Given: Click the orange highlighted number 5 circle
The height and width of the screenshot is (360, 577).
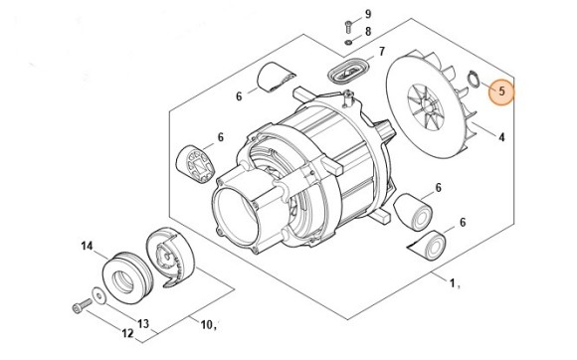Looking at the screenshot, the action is click(x=501, y=91).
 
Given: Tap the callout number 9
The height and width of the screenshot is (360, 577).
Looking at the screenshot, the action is click(x=368, y=14).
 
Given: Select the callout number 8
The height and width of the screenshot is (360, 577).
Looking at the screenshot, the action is click(x=368, y=32).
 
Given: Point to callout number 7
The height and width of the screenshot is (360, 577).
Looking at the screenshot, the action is click(x=382, y=51).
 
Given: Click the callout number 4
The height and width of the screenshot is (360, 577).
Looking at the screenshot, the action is click(x=501, y=137).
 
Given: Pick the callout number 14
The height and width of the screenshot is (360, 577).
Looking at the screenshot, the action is click(x=87, y=246).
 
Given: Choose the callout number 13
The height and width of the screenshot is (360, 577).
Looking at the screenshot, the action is click(x=143, y=323).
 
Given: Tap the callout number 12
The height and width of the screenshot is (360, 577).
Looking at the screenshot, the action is click(x=127, y=333).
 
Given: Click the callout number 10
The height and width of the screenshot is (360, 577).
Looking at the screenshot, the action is click(x=207, y=325).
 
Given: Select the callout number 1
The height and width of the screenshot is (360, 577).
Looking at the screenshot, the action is click(x=452, y=283).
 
